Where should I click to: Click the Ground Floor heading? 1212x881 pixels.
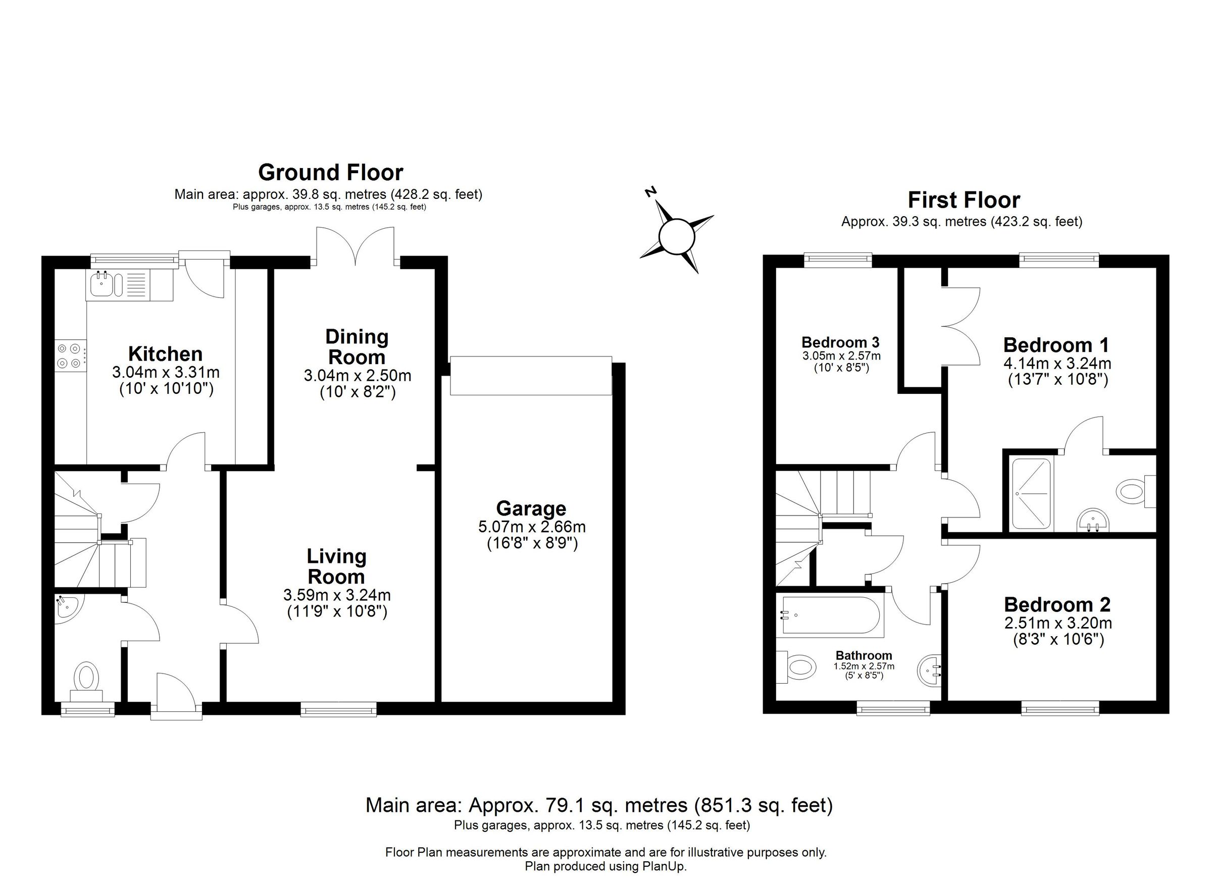330,173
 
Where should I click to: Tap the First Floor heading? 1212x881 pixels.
964,200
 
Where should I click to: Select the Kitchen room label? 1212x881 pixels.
165,354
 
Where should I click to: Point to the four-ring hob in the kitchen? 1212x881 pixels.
70,355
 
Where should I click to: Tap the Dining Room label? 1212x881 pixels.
357,347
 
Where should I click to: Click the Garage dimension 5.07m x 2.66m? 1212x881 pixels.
532,527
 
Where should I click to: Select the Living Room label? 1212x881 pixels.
336,566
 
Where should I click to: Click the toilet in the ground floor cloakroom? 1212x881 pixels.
87,678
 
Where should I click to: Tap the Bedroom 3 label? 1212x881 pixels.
840,342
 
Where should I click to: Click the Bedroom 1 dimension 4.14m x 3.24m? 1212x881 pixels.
1056,364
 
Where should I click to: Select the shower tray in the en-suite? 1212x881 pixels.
1031,494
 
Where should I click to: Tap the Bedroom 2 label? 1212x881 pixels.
1056,605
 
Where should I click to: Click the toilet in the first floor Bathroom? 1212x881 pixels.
799,667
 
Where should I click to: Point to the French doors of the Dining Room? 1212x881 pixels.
356,246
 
